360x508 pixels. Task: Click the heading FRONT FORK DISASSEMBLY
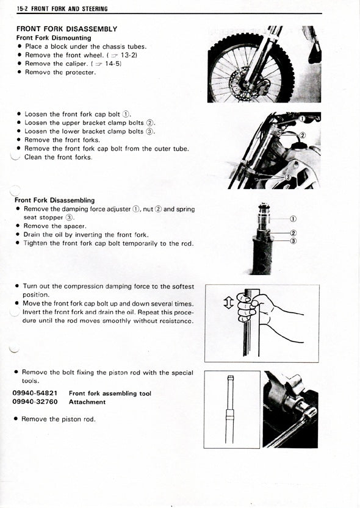(67, 29)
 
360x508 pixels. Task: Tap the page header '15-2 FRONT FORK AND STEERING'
(62, 9)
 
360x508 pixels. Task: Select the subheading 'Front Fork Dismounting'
(54, 38)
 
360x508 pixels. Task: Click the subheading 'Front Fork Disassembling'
(55, 200)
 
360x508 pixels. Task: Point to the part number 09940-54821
(35, 393)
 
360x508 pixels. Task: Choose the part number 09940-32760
(35, 402)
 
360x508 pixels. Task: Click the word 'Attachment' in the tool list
(87, 402)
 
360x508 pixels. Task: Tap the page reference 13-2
(129, 55)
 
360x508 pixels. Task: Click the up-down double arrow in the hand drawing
(229, 302)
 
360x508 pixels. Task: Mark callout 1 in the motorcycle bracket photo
(302, 119)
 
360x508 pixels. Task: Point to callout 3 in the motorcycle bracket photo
(287, 177)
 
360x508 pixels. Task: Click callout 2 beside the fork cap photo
(293, 233)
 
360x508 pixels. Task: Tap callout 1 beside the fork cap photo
(293, 219)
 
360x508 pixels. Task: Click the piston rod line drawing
(230, 410)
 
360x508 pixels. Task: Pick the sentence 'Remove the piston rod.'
(59, 419)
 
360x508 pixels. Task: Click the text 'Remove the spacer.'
(55, 226)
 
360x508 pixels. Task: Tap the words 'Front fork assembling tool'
(110, 393)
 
